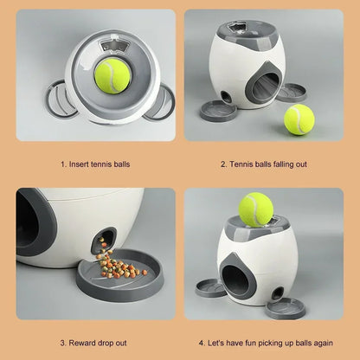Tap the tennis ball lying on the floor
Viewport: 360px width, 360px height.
299,119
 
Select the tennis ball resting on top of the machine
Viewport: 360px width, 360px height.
256,209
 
